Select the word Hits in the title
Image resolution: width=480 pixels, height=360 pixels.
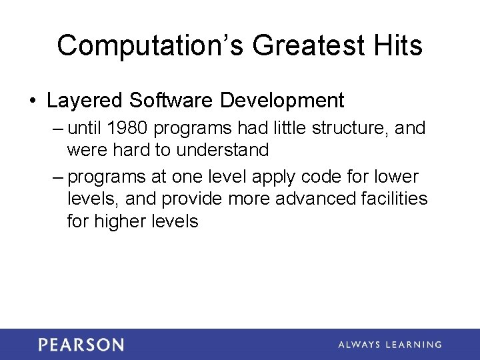point(397,46)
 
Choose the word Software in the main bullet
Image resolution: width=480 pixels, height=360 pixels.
point(171,101)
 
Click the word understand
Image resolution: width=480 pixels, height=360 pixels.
point(223,150)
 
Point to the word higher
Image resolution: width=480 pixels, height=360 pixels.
point(123,221)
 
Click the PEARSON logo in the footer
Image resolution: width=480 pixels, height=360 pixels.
point(81,345)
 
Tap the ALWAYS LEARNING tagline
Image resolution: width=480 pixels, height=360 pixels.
point(389,345)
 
